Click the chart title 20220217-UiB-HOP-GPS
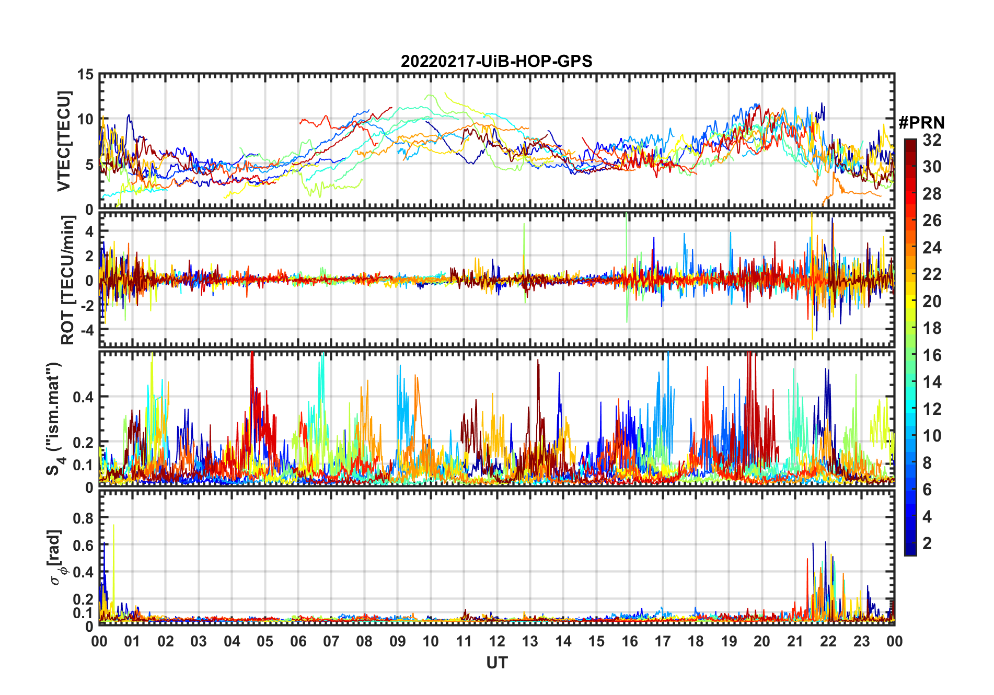[496, 61]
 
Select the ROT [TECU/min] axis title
[68, 280]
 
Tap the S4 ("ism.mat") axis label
[54, 419]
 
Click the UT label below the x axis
[496, 663]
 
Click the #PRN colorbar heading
[921, 123]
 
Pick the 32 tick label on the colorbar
[932, 140]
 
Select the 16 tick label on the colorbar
[932, 355]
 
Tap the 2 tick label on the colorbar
[927, 543]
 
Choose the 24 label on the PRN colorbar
[932, 247]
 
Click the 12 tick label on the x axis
[497, 641]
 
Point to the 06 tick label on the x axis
[298, 641]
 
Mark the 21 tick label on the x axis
[795, 641]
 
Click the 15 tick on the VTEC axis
[85, 75]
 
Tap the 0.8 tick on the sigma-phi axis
[83, 518]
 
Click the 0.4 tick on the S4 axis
[83, 397]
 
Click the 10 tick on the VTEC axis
[85, 119]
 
